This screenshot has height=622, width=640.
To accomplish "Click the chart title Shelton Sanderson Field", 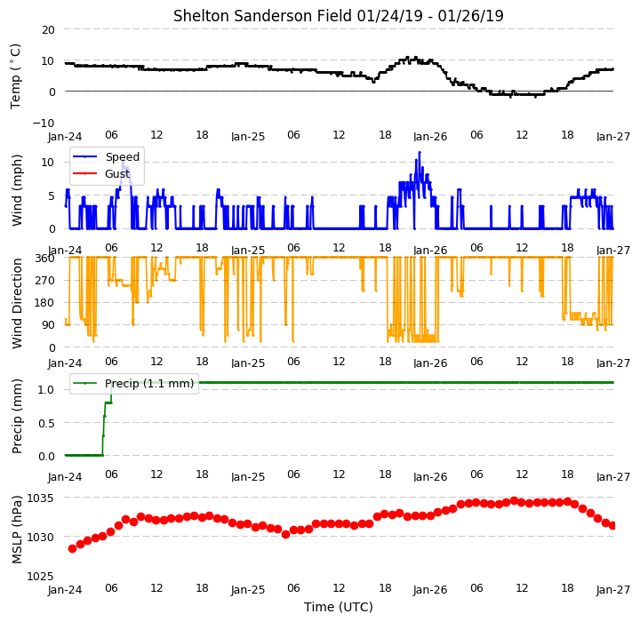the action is click(x=262, y=16).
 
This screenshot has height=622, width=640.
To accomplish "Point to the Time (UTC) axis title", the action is click(x=339, y=607).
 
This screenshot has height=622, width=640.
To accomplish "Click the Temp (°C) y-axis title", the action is click(x=15, y=76).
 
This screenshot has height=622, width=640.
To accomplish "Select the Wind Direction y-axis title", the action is click(x=17, y=303).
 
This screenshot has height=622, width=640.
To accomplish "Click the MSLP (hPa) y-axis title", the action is click(x=17, y=530).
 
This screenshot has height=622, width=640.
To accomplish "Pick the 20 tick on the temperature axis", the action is click(x=48, y=30).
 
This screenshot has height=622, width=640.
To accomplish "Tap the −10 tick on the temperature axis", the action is click(x=44, y=123).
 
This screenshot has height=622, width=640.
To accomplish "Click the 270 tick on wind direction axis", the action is click(x=45, y=281).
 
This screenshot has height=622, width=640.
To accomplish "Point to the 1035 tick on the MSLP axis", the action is click(x=40, y=498).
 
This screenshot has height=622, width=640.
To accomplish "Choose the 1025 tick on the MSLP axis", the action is click(x=40, y=576).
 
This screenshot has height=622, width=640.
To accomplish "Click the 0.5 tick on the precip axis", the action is click(x=46, y=423).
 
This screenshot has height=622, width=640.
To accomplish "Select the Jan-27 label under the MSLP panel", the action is click(x=613, y=590).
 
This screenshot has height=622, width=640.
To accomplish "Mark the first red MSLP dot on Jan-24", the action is click(x=72, y=548).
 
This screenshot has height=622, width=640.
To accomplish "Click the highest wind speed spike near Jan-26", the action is click(x=420, y=153).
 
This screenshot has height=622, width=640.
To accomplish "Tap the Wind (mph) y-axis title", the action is click(x=17, y=190).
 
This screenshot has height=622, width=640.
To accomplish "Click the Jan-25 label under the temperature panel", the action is click(x=248, y=137).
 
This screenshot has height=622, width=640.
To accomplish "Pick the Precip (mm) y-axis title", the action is click(x=17, y=417).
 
